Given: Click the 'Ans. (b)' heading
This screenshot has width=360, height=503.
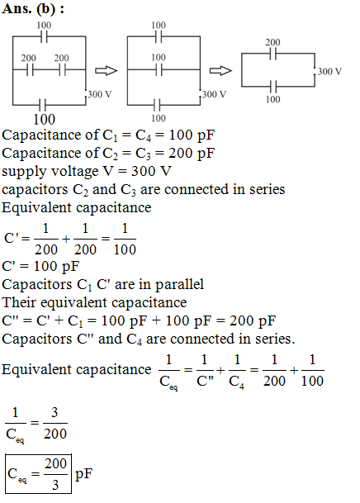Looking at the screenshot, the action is pyautogui.click(x=29, y=8).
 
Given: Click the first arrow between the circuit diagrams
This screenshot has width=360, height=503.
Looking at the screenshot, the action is pyautogui.click(x=107, y=70).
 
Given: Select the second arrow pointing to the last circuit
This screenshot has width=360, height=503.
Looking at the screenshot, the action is pyautogui.click(x=220, y=70).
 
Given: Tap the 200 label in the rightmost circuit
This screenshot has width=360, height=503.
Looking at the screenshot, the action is pyautogui.click(x=272, y=42).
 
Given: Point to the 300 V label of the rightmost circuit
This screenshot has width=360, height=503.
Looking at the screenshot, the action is pyautogui.click(x=329, y=71).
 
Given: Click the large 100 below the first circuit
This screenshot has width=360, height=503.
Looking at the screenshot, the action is pyautogui.click(x=45, y=119).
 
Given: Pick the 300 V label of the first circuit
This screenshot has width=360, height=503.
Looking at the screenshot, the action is pyautogui.click(x=100, y=94).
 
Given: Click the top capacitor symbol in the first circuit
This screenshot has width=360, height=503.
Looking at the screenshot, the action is pyautogui.click(x=45, y=37).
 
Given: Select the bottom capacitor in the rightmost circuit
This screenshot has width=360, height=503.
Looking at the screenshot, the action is pyautogui.click(x=272, y=86).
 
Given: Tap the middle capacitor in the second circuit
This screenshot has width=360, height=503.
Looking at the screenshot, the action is pyautogui.click(x=159, y=69).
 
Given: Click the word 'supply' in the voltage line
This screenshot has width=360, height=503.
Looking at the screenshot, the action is pyautogui.click(x=25, y=172).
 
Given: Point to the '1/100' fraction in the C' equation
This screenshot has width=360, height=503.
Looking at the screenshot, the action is pyautogui.click(x=125, y=240).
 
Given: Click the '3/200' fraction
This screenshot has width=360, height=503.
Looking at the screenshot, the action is pyautogui.click(x=54, y=423).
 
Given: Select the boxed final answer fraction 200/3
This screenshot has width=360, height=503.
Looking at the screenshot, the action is pyautogui.click(x=55, y=475).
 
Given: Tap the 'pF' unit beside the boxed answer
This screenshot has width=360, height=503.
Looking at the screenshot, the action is pyautogui.click(x=83, y=474).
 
